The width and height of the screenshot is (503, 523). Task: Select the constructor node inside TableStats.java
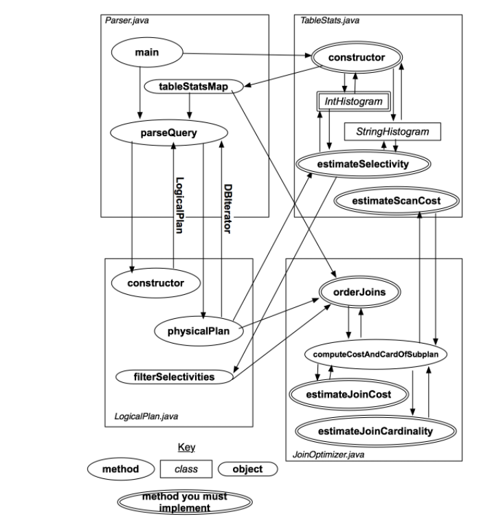click(x=356, y=57)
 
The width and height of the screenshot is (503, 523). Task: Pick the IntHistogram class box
click(x=353, y=102)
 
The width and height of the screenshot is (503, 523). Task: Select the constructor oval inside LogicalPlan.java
click(x=155, y=282)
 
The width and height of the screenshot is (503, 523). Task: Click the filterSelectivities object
click(x=175, y=377)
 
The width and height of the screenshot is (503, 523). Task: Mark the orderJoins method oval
click(x=359, y=292)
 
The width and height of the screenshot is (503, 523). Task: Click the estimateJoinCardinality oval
click(x=377, y=431)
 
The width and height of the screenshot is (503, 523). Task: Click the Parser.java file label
click(x=126, y=20)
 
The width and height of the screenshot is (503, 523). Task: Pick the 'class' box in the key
click(x=186, y=469)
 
